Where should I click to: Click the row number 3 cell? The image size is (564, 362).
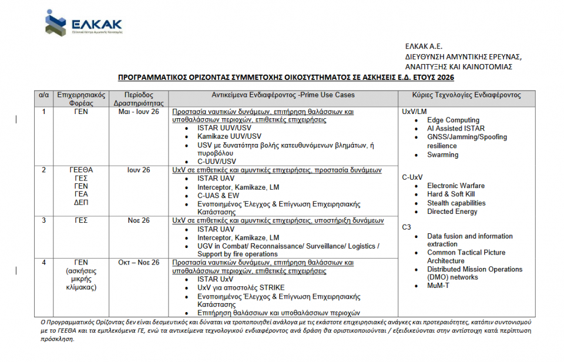click(x=43, y=220)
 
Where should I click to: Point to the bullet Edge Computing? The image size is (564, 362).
click(x=453, y=120)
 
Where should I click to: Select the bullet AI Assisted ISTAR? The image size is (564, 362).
click(x=456, y=128)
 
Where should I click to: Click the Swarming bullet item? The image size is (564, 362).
click(x=442, y=155)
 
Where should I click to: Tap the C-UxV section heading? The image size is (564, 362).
click(x=413, y=177)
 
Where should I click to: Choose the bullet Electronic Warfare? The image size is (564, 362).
click(x=456, y=186)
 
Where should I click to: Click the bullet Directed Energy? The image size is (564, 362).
click(x=452, y=212)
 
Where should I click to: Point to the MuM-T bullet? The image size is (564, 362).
click(x=439, y=286)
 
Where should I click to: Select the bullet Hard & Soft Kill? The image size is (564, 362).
click(x=451, y=194)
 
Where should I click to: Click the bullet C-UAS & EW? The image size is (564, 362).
click(x=218, y=196)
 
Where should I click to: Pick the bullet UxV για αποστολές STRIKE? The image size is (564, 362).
click(x=241, y=287)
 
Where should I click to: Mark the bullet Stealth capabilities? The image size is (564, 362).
click(x=456, y=203)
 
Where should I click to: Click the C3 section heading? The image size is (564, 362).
click(x=407, y=227)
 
